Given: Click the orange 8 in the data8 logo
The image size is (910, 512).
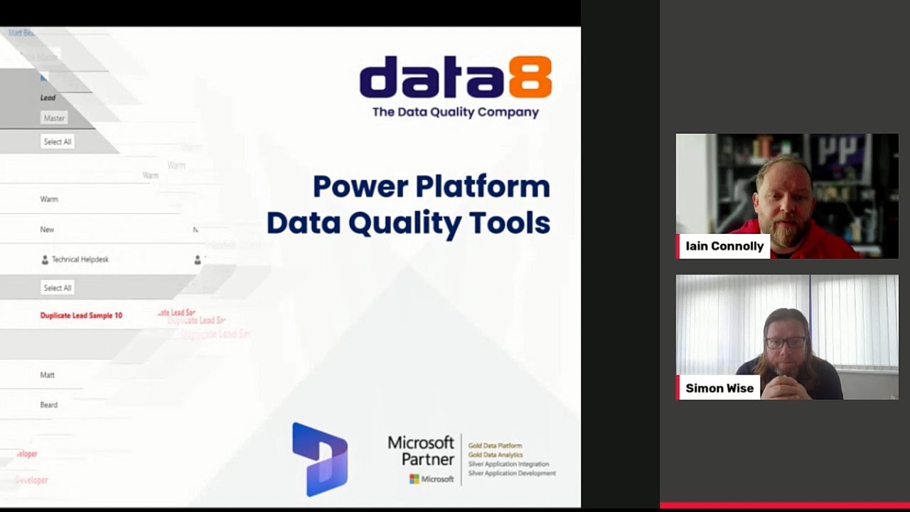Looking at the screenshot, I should (x=529, y=78).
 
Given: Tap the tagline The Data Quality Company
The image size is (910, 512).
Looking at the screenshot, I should (x=456, y=112).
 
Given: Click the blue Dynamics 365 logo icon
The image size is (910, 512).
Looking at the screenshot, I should (x=320, y=459).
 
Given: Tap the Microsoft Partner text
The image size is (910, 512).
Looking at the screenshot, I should (x=421, y=451).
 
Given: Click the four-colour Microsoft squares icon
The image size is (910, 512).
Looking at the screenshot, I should (x=414, y=479).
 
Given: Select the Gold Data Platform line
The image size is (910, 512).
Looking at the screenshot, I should (x=495, y=446).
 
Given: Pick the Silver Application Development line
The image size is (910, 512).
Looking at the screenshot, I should (x=512, y=474).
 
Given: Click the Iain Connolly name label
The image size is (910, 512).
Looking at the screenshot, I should (x=724, y=246).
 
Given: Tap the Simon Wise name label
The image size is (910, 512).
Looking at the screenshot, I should (x=719, y=388).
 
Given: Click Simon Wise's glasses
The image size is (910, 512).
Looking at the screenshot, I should (x=786, y=343).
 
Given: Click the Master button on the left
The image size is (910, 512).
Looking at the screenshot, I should (x=54, y=118).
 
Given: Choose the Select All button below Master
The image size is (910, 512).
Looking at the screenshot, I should (x=58, y=142).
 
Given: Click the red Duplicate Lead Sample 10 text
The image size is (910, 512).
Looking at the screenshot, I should (x=81, y=315).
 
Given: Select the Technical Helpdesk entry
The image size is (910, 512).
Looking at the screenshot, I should (x=80, y=260).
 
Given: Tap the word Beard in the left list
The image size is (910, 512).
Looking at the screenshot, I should (x=49, y=405).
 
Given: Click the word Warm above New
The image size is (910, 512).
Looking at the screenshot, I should (x=49, y=199).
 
